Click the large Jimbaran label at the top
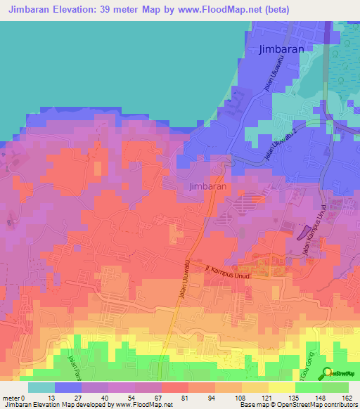coord(281,49)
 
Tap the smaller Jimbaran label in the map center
coord(207,187)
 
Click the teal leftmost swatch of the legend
coord(41,387)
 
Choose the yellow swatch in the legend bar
coord(282,387)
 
